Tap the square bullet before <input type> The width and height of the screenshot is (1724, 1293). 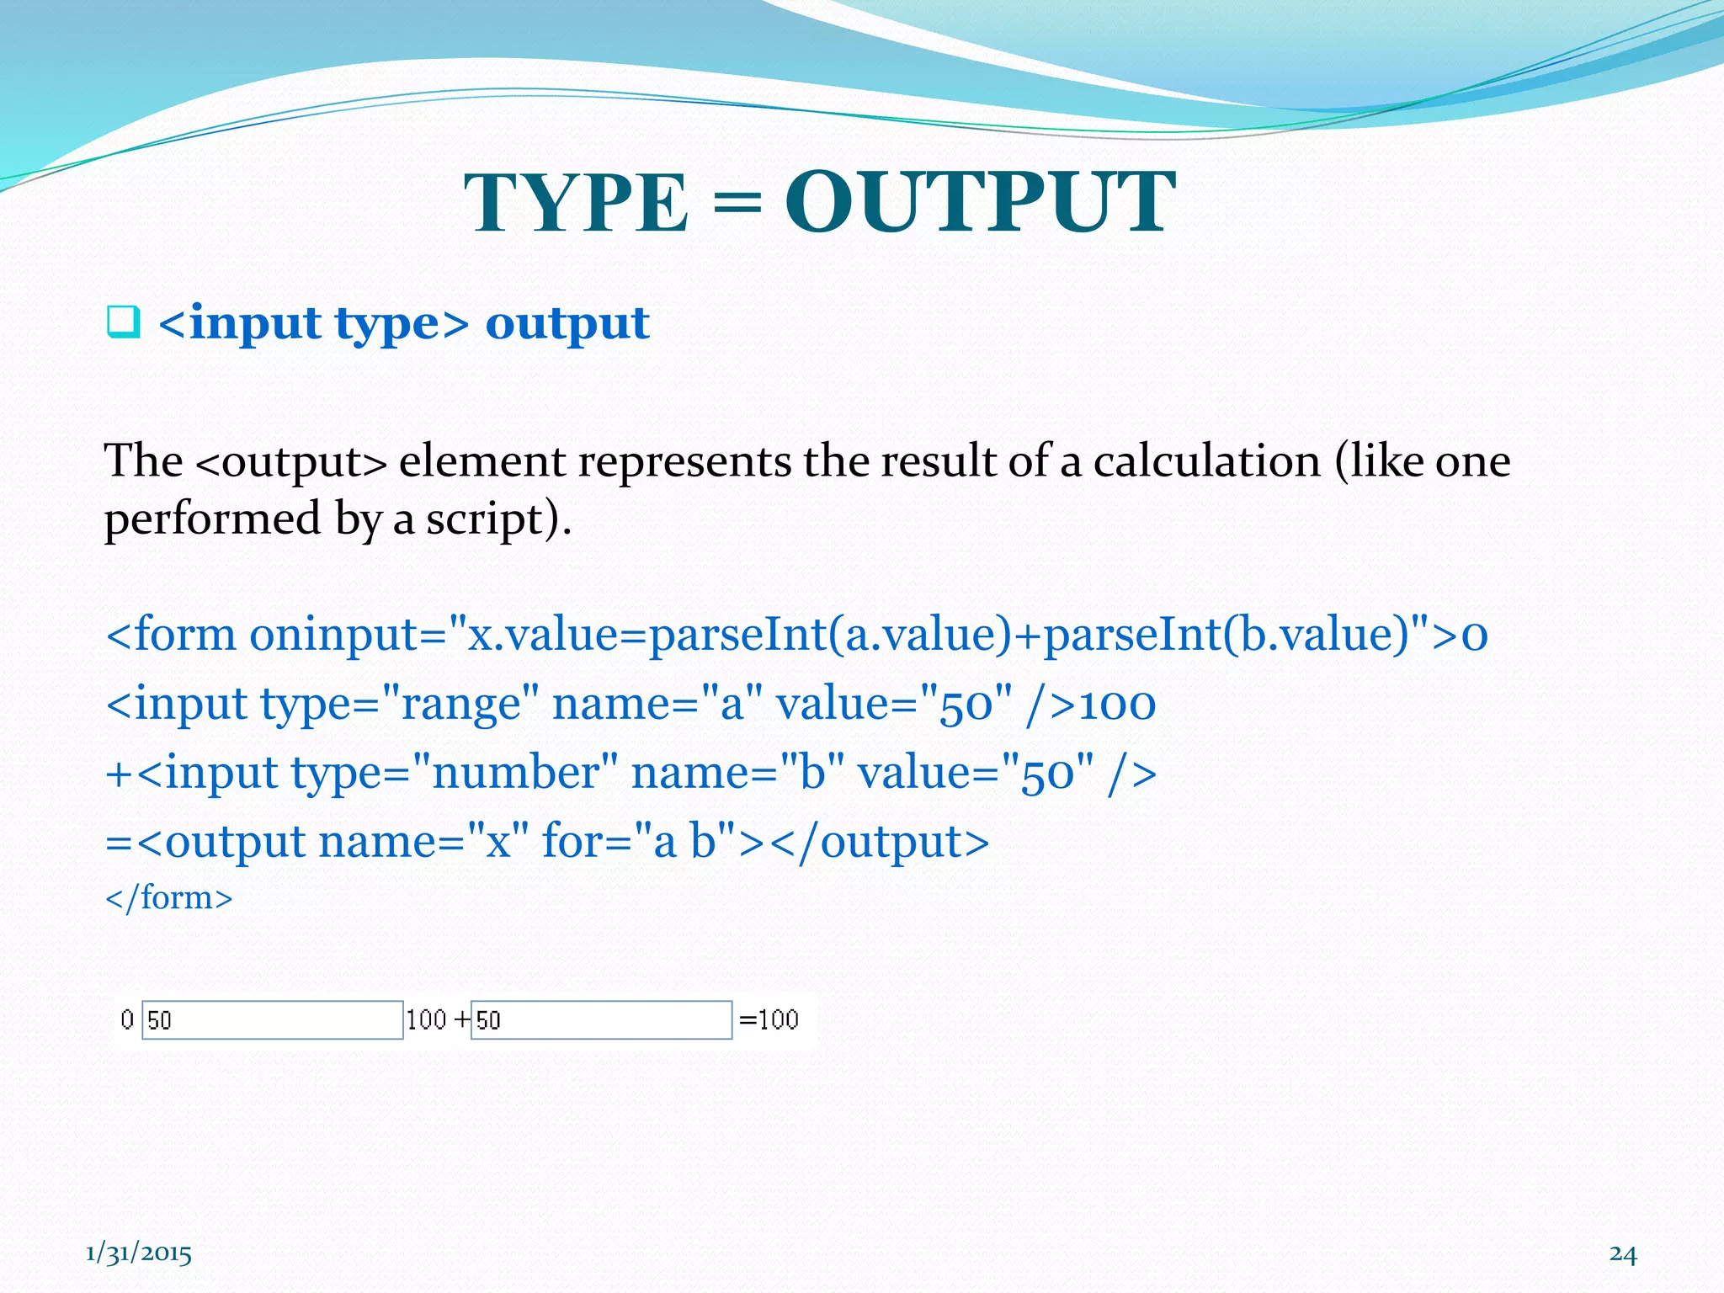point(123,323)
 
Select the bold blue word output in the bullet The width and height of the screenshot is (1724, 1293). point(567,323)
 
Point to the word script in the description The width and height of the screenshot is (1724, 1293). point(483,519)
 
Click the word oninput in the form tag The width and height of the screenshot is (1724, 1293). point(346,634)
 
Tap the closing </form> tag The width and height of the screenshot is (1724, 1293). point(168,897)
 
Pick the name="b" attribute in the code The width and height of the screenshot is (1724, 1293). point(737,773)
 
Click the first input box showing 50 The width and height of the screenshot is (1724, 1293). point(272,1020)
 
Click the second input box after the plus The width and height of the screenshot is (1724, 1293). point(601,1020)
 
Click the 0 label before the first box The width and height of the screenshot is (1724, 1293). point(127,1020)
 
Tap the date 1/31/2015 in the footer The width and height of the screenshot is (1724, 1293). point(139,1254)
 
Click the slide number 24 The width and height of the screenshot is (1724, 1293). point(1623,1254)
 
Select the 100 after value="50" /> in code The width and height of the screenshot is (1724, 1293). point(1117,704)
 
